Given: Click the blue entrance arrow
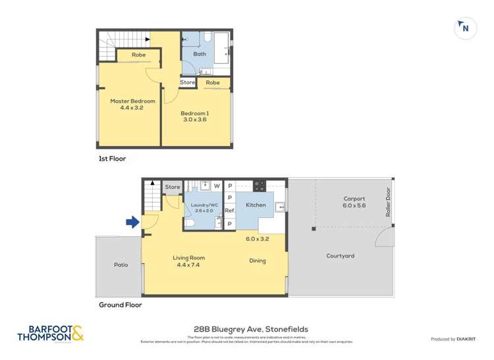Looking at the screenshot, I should click(132, 222).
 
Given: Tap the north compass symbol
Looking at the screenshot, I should click(466, 28).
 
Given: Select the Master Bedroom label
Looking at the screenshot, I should click(132, 101).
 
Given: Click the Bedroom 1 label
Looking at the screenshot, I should click(194, 113).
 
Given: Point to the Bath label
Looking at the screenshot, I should click(200, 54).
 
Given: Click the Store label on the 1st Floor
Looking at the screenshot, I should click(188, 82).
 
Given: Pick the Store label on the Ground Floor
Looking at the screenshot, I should click(173, 187).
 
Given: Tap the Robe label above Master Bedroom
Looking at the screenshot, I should click(138, 55).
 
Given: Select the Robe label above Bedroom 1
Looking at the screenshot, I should click(212, 82).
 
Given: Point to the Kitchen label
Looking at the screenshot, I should click(256, 205).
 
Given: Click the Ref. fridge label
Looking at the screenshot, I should click(230, 211).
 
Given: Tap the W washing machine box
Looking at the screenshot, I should click(216, 186).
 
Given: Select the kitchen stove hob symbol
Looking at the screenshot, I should click(260, 185).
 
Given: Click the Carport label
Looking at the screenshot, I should click(354, 198).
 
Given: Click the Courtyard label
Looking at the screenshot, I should click(340, 256).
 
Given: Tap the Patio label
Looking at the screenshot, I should click(121, 265).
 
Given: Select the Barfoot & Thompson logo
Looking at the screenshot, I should click(51, 334).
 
